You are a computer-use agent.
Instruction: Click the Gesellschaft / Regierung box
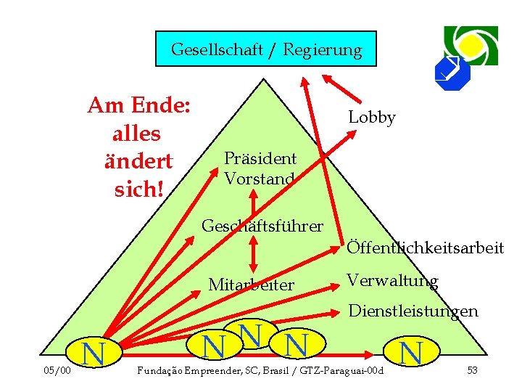point(266,49)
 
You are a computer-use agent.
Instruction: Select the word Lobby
point(372,118)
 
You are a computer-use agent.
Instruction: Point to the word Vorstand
point(259,179)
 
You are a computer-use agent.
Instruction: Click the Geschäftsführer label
point(262,226)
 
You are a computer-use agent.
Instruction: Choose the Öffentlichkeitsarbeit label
point(425,248)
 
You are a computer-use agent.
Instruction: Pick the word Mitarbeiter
point(251,285)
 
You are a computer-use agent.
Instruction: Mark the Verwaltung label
point(391,280)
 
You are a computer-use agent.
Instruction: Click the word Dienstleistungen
point(413,311)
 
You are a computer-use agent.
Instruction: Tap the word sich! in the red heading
point(137,189)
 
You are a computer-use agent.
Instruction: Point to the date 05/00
point(57,371)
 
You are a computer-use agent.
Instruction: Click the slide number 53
point(472,371)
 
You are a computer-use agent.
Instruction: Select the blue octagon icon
point(452,72)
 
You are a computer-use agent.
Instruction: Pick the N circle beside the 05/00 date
point(91,353)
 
